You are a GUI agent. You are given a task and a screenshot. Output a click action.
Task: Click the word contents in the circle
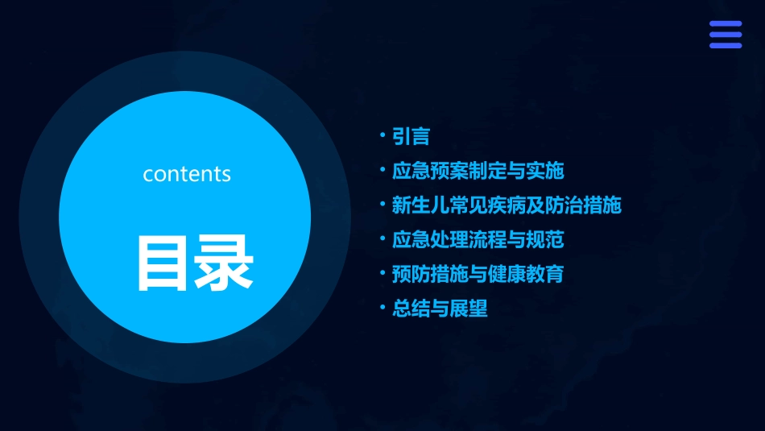click(x=187, y=174)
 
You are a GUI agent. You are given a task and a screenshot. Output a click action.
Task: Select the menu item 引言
click(x=411, y=137)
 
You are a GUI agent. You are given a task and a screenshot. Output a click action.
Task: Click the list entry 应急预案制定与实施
click(x=478, y=171)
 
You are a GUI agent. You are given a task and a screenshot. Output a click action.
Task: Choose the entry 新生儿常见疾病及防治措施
click(x=507, y=205)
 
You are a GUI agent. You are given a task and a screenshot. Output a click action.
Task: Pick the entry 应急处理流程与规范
click(x=478, y=239)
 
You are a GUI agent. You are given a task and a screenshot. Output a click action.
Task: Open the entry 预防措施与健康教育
click(x=478, y=274)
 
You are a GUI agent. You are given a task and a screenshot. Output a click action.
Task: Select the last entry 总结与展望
click(x=440, y=309)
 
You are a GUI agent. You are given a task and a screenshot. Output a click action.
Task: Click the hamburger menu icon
click(x=726, y=35)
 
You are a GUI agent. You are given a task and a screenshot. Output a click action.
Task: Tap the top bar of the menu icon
click(x=726, y=24)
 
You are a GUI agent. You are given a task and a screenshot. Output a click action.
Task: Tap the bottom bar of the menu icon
click(x=726, y=45)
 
